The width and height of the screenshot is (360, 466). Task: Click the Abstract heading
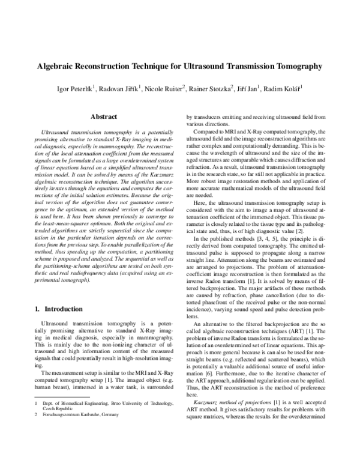99,118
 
